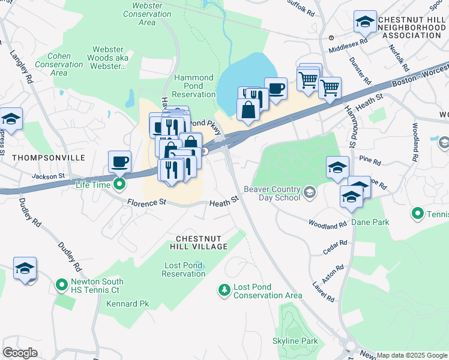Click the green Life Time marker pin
[119, 184]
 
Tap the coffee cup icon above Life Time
[119, 161]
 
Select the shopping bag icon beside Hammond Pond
[248, 110]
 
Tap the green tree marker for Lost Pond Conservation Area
[224, 290]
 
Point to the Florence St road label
[146, 203]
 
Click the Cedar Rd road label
[336, 244]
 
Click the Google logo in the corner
[20, 353]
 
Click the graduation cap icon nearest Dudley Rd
[25, 269]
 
